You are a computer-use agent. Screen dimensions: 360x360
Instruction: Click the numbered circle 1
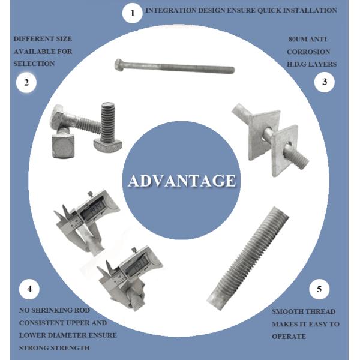132,13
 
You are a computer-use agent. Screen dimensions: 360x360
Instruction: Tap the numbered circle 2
26,82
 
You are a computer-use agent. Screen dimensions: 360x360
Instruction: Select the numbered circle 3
325,82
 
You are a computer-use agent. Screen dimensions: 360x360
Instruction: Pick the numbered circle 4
29,289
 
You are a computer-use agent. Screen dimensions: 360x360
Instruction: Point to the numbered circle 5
319,289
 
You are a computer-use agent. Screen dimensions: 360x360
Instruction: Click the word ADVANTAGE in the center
182,181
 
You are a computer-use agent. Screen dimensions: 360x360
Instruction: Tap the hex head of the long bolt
119,65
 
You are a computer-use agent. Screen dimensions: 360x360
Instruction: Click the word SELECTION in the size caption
34,64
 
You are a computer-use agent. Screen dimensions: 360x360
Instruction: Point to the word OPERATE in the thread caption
289,337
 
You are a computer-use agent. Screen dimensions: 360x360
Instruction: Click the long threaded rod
248,259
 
